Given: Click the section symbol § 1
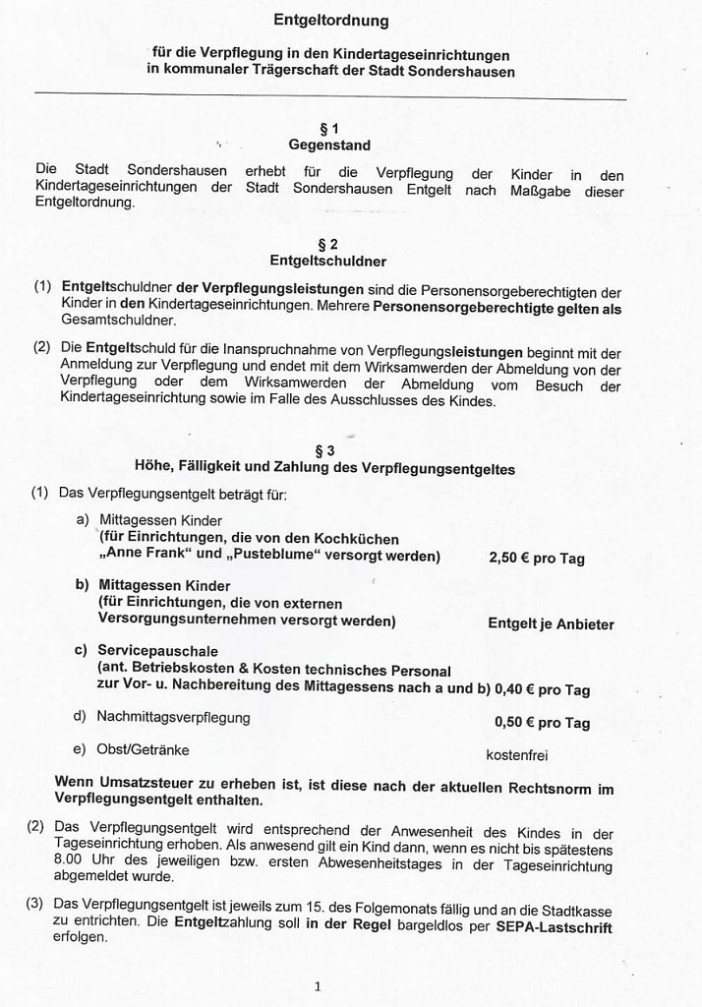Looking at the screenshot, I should click(x=329, y=128).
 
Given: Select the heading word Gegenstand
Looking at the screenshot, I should click(x=329, y=146).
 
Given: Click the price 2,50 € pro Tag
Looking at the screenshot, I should click(x=536, y=559).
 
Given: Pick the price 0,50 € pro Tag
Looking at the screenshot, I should click(x=542, y=723).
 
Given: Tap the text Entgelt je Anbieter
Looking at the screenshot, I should click(x=551, y=623).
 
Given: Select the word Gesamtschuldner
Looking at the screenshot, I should click(x=113, y=321).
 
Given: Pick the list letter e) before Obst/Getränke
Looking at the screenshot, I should click(x=81, y=750).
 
